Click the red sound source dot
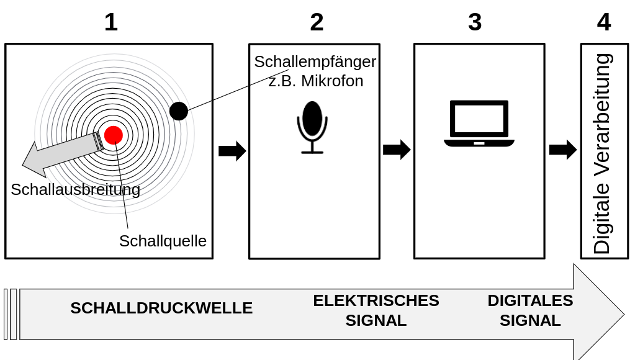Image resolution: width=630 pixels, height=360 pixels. point(114,135)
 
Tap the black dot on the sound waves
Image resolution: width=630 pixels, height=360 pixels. point(179,111)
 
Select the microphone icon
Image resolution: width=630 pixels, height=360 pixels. point(312,127)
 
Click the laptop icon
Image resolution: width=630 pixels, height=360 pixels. point(479,124)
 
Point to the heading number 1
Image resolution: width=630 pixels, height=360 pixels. point(110,22)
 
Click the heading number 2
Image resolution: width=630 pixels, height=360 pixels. point(317,22)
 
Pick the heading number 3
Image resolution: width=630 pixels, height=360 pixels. point(475,22)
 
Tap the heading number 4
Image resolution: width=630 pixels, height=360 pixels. point(603,22)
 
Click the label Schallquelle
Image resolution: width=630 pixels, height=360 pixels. point(163,241)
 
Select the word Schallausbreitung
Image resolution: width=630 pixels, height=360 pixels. point(75,189)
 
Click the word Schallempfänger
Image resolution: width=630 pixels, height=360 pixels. point(315,62)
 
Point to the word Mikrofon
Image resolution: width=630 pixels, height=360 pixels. point(334,81)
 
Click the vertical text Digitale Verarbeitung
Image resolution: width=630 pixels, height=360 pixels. point(602,153)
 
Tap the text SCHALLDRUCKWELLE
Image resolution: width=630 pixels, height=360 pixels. point(161,308)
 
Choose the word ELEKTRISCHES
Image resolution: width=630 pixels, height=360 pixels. point(376,300)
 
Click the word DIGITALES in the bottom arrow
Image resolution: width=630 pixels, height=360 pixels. point(530,300)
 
